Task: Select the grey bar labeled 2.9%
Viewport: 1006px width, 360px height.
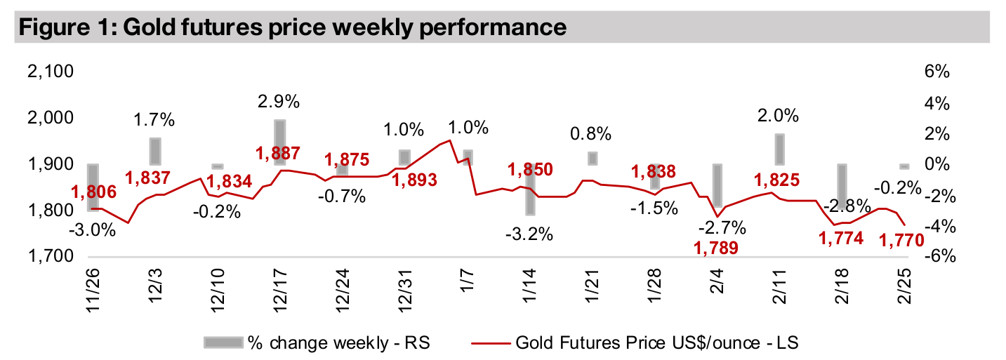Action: (279, 142)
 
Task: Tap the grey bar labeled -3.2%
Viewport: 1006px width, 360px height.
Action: (531, 189)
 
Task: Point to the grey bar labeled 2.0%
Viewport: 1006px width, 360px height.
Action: (779, 149)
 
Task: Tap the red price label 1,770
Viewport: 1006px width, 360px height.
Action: (901, 241)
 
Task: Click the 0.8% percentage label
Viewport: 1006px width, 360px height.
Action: (591, 133)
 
